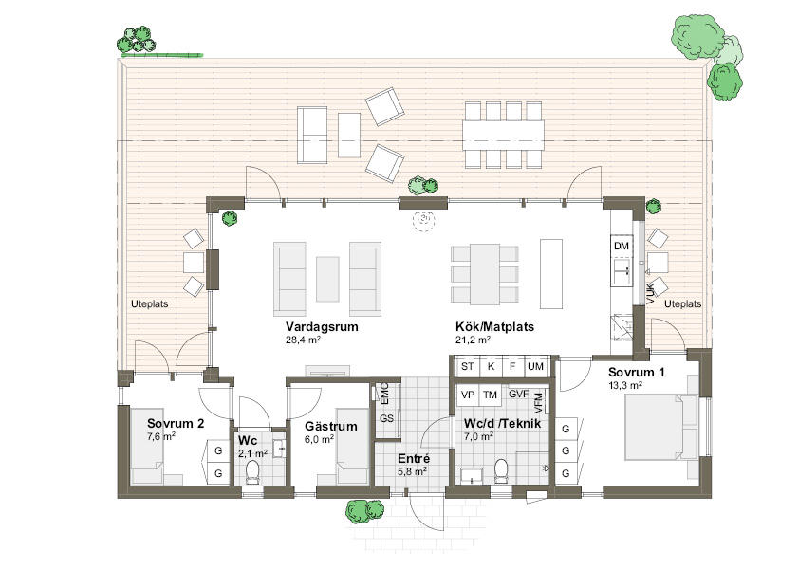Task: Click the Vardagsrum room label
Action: [322, 326]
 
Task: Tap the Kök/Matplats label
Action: [494, 326]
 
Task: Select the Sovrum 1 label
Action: [636, 373]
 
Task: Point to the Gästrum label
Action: [331, 427]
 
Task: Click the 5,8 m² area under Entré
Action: [412, 471]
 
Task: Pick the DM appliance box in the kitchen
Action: [622, 246]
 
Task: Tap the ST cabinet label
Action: [467, 366]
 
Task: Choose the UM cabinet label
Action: [535, 366]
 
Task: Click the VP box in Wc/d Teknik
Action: [467, 395]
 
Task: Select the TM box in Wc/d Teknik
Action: [490, 395]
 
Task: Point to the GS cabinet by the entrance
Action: [387, 418]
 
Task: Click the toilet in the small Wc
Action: [252, 471]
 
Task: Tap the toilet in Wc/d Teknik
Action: [501, 470]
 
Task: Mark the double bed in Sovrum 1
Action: [660, 428]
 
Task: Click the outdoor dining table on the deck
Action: [503, 135]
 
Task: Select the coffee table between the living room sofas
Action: [327, 279]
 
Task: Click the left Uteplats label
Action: [149, 304]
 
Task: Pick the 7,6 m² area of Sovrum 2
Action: [161, 436]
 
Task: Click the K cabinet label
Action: [491, 366]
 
